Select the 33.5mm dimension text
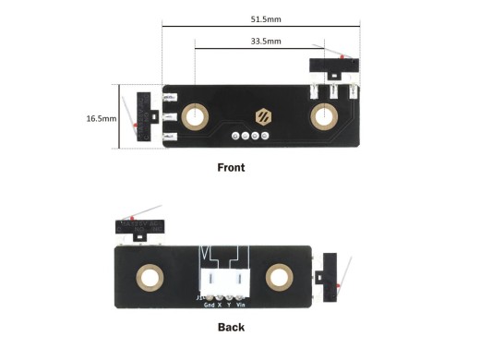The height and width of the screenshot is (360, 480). pos(267,41)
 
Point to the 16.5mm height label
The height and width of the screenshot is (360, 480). pos(101,118)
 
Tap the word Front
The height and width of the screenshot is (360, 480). pos(231,168)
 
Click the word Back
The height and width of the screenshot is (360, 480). pos(231,327)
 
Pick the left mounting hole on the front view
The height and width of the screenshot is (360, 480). pos(196,116)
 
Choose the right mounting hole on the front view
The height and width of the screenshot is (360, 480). pos(324,116)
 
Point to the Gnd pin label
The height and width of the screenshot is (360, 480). pos(209,304)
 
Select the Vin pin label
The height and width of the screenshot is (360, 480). pos(241,304)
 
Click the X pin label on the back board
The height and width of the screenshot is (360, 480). pos(219,304)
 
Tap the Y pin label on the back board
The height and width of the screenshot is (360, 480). pos(229,304)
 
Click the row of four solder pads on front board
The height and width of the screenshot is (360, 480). pos(251,137)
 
